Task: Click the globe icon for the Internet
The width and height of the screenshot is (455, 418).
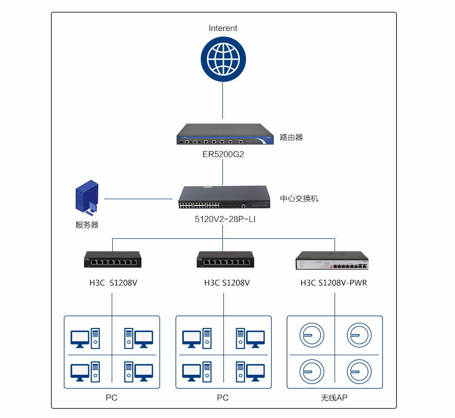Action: (x=223, y=60)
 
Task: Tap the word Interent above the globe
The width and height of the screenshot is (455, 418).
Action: (x=223, y=28)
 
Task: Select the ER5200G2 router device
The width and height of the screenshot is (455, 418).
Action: (x=223, y=135)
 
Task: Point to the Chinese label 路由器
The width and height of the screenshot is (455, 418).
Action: (x=291, y=137)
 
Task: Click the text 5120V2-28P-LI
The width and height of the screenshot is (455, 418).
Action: (x=225, y=219)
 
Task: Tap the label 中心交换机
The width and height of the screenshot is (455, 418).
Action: (x=299, y=198)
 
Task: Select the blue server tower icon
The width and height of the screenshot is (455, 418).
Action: (x=87, y=197)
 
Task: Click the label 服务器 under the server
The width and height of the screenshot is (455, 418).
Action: (x=87, y=225)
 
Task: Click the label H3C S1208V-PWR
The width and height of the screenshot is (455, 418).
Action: (x=334, y=283)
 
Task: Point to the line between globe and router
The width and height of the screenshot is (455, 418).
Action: (x=223, y=101)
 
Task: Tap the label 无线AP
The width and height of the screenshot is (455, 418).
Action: (x=335, y=398)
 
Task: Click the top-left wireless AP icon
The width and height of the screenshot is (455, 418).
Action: (x=312, y=335)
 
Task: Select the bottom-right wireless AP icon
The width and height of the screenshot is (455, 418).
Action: (x=358, y=370)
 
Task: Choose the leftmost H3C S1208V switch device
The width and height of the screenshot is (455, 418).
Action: (x=112, y=260)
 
